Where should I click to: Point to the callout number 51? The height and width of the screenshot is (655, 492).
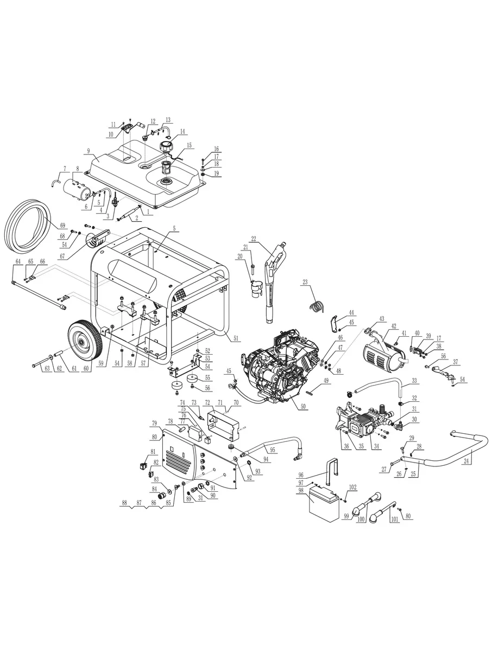coord(236,339)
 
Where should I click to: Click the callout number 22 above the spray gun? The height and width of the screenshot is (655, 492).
coord(253,239)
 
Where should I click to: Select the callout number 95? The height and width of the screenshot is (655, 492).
coord(272,449)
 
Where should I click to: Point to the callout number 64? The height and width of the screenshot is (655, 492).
coord(18,261)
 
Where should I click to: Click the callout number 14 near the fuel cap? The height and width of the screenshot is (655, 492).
coord(182,132)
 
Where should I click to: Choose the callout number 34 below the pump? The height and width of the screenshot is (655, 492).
coord(373,446)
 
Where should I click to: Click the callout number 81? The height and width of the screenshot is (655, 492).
coord(153,452)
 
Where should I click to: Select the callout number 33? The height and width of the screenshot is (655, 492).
coord(414,381)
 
